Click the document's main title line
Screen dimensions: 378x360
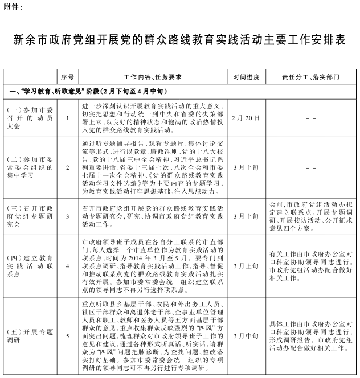tap(180, 41)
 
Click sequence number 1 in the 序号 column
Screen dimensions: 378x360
tap(68, 118)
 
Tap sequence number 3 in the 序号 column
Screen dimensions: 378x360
tap(68, 216)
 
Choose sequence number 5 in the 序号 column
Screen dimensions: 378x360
tap(68, 336)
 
